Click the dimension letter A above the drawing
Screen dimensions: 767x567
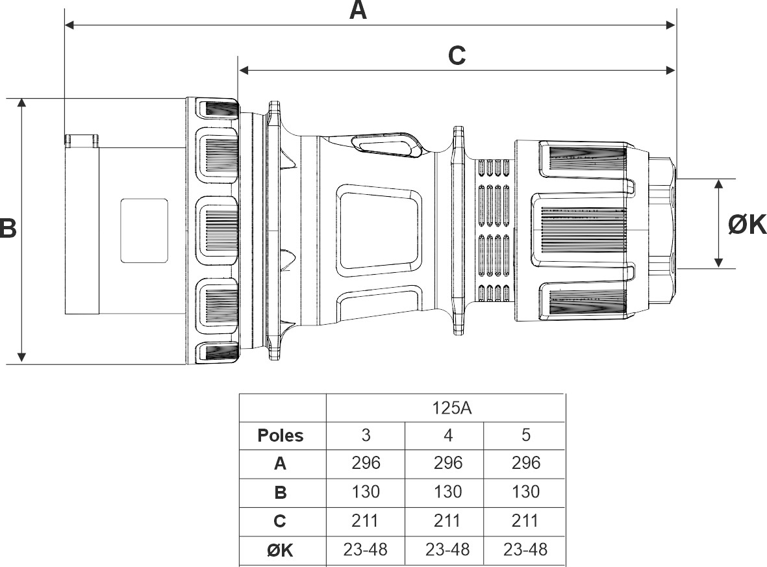click(358, 11)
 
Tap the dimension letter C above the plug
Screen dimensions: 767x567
click(457, 56)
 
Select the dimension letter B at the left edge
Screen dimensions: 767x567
click(8, 228)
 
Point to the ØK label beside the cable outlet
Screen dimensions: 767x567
click(746, 225)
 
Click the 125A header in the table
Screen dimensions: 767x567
click(451, 407)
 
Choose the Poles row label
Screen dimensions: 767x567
click(281, 435)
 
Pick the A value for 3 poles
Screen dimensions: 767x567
click(366, 463)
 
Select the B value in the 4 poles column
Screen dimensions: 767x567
click(447, 491)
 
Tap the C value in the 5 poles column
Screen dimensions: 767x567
click(525, 520)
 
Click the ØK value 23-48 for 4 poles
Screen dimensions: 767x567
click(447, 549)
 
